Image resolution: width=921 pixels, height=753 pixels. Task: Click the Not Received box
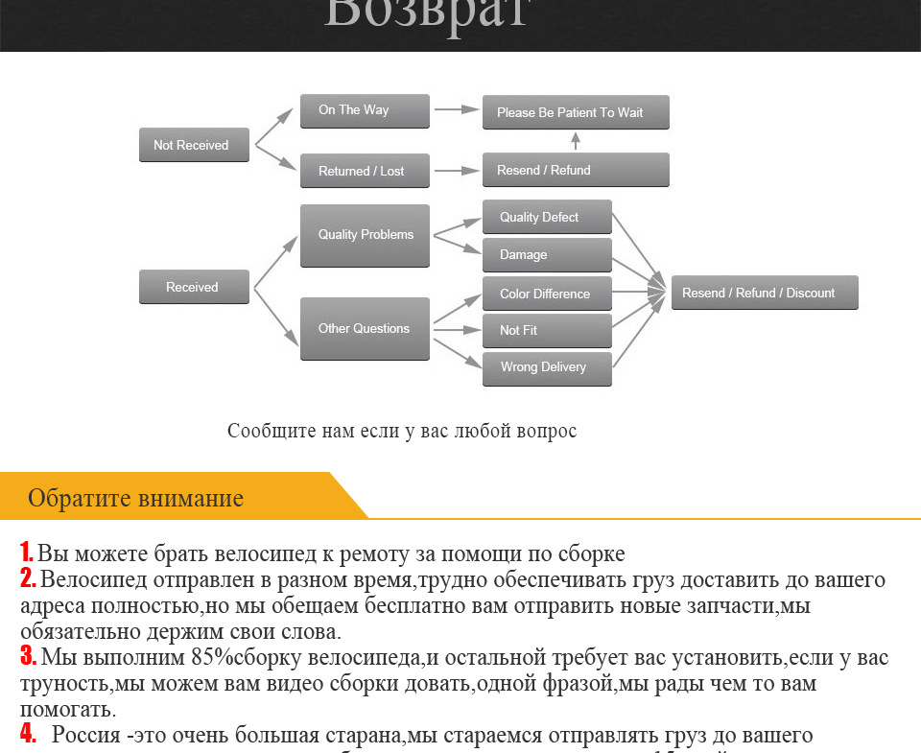click(194, 145)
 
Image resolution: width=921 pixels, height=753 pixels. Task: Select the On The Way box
click(365, 110)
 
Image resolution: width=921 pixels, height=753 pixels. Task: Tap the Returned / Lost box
click(365, 171)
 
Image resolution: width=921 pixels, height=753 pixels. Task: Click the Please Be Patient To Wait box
click(575, 112)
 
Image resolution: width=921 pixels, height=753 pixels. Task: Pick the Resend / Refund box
click(575, 170)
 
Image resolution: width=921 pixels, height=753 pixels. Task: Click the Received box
click(194, 287)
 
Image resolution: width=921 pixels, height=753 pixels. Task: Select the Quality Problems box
click(365, 235)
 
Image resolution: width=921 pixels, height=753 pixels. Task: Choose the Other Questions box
click(365, 328)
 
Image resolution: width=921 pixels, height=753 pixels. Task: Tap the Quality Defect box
click(546, 218)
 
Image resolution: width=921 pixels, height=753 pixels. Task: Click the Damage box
click(546, 255)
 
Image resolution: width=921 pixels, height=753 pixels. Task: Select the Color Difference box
click(546, 294)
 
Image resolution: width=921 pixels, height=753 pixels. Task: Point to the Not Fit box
click(546, 330)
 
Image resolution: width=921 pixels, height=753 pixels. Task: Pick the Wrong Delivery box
click(546, 367)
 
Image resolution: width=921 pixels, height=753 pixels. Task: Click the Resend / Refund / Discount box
click(764, 293)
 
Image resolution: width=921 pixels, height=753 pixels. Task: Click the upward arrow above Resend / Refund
click(576, 141)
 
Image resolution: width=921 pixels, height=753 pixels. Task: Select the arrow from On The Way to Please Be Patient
click(456, 110)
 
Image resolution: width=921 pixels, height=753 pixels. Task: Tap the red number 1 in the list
click(27, 553)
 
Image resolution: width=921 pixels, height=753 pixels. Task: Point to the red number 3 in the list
click(28, 658)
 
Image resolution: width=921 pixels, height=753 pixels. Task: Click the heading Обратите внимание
click(135, 498)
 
